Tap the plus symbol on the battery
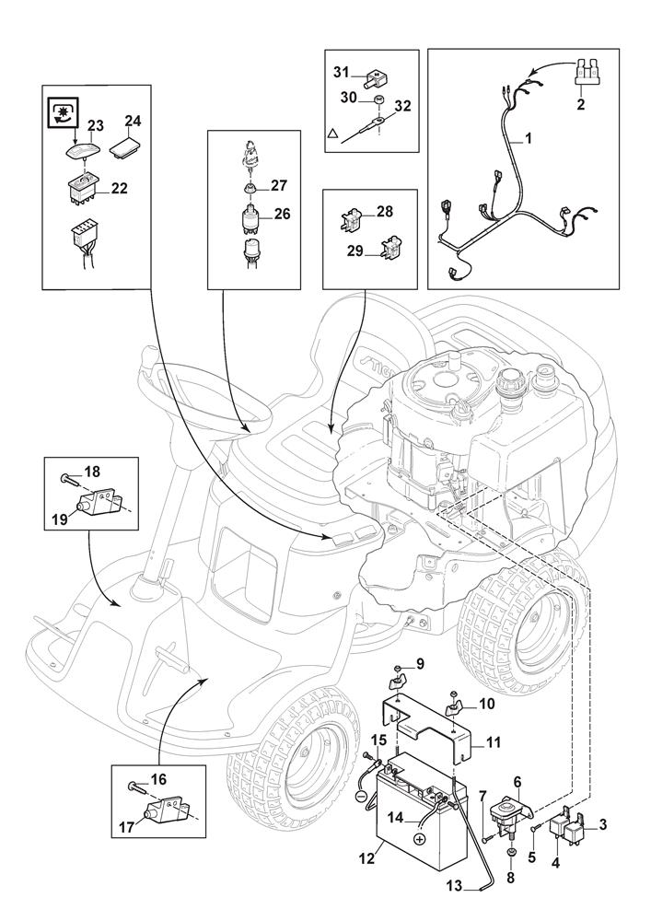419,838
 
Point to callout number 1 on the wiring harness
529,140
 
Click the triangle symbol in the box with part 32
331,134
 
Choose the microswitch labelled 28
350,217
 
